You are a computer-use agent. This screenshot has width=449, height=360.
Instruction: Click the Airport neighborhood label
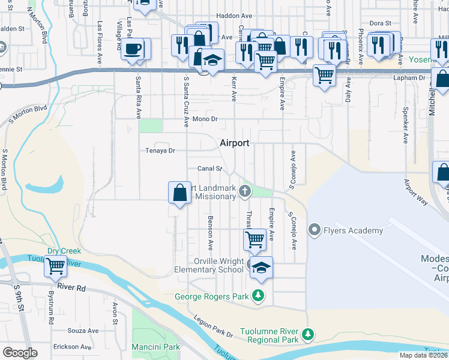pos(234,143)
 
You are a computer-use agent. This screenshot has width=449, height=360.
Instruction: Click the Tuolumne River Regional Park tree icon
pos(308,334)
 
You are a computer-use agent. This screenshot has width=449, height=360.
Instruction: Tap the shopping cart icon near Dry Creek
pos(56,265)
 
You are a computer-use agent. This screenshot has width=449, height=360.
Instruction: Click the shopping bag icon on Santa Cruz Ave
pos(179,193)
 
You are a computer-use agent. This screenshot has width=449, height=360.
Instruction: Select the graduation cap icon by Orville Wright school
pos(261,268)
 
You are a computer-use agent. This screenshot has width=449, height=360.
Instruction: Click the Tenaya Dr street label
pos(160,151)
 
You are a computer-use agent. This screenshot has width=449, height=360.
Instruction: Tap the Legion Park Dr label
pos(213,326)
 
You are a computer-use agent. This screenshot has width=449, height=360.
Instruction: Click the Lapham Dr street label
pos(411,78)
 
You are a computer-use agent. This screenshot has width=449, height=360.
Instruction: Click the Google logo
pos(20,353)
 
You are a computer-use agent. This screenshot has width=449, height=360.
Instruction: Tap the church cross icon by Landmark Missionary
pos(244,191)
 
